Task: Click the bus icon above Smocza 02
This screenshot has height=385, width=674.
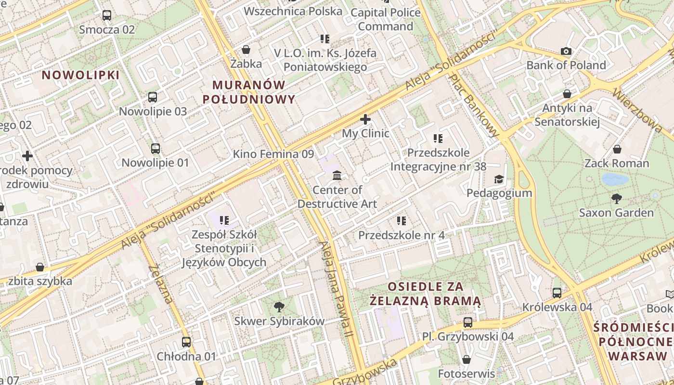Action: (x=107, y=15)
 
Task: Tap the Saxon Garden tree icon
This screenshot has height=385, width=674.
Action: (x=616, y=198)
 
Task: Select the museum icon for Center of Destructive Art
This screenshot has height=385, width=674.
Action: (x=337, y=176)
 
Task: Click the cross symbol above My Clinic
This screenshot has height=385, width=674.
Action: (x=365, y=119)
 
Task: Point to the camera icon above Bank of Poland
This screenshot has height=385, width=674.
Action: (x=566, y=51)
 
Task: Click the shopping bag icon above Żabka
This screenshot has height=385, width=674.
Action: (x=246, y=50)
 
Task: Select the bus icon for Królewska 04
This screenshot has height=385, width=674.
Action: (x=557, y=293)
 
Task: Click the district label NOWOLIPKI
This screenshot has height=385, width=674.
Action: (x=80, y=75)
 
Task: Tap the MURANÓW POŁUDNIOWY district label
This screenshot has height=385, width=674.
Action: (x=249, y=92)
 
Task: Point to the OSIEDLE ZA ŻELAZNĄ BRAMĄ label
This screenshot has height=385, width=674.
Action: (x=426, y=294)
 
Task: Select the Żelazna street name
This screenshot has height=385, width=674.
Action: (x=161, y=283)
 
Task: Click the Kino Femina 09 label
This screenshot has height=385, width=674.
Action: (x=273, y=154)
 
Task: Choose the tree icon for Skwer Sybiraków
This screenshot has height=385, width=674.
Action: (x=279, y=307)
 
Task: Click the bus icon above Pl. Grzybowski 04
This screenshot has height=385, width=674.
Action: (x=468, y=322)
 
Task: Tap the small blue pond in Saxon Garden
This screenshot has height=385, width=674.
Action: (x=615, y=180)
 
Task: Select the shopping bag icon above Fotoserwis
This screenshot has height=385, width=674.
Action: (x=466, y=359)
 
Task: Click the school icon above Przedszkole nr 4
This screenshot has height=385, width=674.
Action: (x=401, y=221)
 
